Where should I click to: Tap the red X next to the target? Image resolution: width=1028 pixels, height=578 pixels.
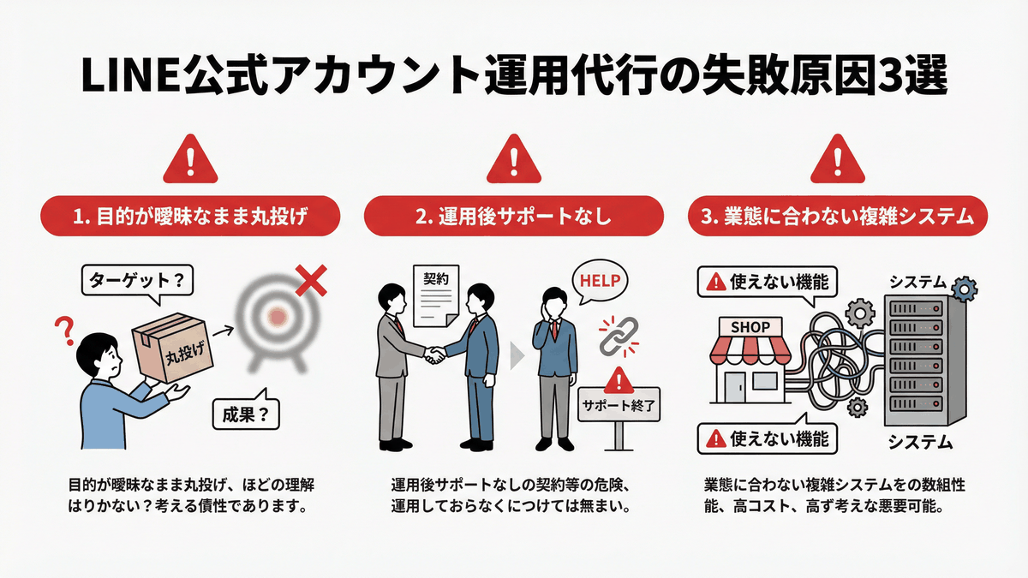coord(310,278)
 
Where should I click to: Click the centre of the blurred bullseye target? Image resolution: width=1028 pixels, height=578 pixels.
coord(277,318)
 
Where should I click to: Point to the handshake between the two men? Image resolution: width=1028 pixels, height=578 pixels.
coord(436,354)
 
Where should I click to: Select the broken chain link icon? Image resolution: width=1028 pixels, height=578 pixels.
coord(613,336)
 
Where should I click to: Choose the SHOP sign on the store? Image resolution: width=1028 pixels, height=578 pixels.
coord(750,327)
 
